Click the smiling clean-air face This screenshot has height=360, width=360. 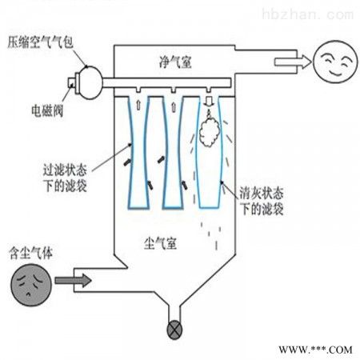pyautogui.click(x=335, y=62)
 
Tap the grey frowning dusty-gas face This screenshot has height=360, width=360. pyautogui.click(x=31, y=285)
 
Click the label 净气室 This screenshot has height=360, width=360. pyautogui.click(x=175, y=62)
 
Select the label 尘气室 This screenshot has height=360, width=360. pyautogui.click(x=160, y=243)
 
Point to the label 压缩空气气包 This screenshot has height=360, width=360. pyautogui.click(x=40, y=42)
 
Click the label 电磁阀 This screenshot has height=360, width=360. pyautogui.click(x=47, y=110)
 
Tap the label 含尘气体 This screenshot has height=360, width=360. pyautogui.click(x=30, y=253)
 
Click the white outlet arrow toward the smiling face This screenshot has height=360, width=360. pyautogui.click(x=293, y=62)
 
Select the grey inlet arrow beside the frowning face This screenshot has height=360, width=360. pyautogui.click(x=73, y=281)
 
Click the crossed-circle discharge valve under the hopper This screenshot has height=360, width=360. pyautogui.click(x=174, y=330)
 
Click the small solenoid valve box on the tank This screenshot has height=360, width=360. pyautogui.click(x=71, y=82)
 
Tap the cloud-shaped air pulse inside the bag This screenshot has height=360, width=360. pyautogui.click(x=210, y=133)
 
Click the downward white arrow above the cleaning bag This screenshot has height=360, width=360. pyautogui.click(x=209, y=102)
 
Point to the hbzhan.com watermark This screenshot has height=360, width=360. pyautogui.click(x=308, y=14)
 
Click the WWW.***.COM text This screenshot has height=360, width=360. pyautogui.click(x=315, y=350)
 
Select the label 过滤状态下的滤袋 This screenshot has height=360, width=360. pyautogui.click(x=65, y=178)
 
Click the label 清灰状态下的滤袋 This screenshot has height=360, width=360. pyautogui.click(x=262, y=201)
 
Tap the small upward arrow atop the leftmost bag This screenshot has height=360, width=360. pyautogui.click(x=138, y=105)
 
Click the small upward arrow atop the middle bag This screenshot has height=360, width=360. pyautogui.click(x=174, y=106)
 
